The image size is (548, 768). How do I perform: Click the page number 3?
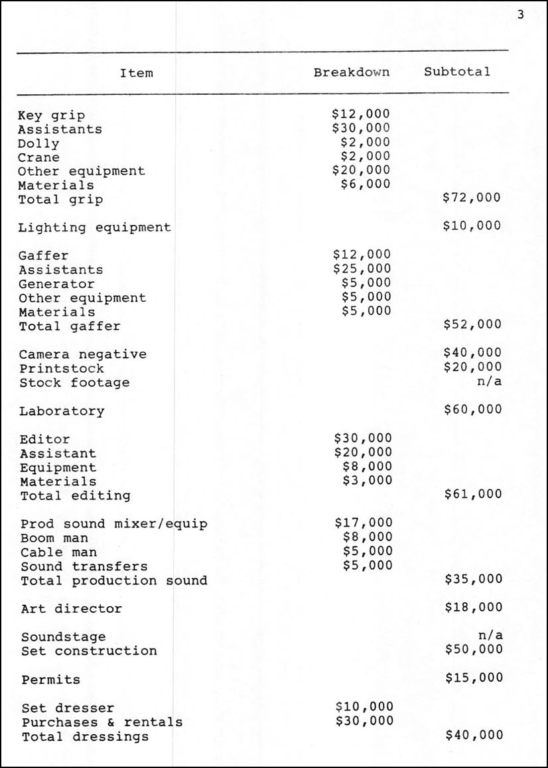point(520,15)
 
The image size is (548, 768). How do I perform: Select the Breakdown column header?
point(352,72)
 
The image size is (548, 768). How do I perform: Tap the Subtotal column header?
point(457,72)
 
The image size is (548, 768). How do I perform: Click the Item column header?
point(137,73)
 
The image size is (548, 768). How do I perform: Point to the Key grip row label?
point(51,115)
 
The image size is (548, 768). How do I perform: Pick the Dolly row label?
point(38,143)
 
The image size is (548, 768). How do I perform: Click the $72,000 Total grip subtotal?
point(472,198)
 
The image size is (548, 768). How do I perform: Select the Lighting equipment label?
point(94,227)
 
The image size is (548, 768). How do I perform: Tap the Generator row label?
point(57,284)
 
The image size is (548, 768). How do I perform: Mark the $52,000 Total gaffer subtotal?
point(472,324)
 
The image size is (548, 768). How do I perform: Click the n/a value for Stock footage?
point(490,381)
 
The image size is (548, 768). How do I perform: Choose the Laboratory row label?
point(62,411)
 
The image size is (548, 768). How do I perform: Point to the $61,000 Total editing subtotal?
point(473,494)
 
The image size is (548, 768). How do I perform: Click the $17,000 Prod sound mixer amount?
point(364,523)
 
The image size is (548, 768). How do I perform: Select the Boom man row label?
point(54,538)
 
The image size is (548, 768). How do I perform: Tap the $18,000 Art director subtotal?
point(474,608)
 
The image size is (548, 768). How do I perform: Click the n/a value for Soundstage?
point(490,635)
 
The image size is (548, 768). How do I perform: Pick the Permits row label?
point(50,680)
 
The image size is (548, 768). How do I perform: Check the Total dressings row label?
point(85,737)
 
